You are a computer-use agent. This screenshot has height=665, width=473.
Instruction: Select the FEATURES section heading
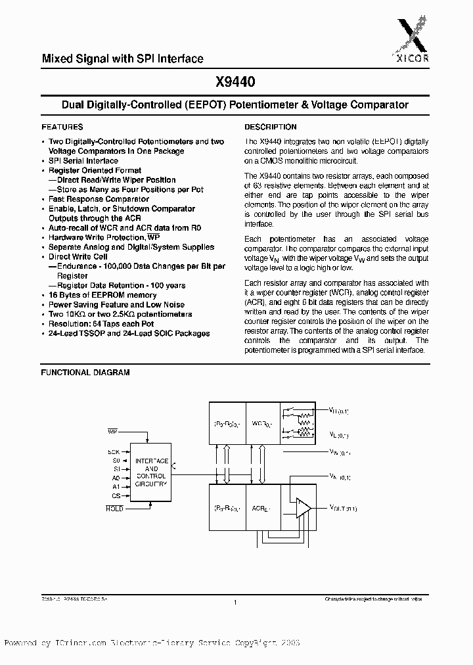tap(62, 127)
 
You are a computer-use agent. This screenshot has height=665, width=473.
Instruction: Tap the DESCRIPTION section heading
tap(271, 127)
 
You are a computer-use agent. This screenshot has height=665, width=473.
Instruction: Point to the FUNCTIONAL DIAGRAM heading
tap(85, 372)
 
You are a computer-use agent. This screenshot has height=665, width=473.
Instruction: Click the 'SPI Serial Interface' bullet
tap(83, 161)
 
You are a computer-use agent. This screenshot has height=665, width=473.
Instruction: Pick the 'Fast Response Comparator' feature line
tap(99, 199)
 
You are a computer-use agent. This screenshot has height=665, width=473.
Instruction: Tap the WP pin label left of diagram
tap(112, 431)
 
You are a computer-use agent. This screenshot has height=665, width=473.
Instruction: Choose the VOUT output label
tap(342, 508)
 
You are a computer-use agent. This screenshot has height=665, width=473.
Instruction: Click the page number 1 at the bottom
tap(235, 603)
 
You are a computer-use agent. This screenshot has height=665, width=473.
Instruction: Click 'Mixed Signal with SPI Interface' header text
tap(123, 59)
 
